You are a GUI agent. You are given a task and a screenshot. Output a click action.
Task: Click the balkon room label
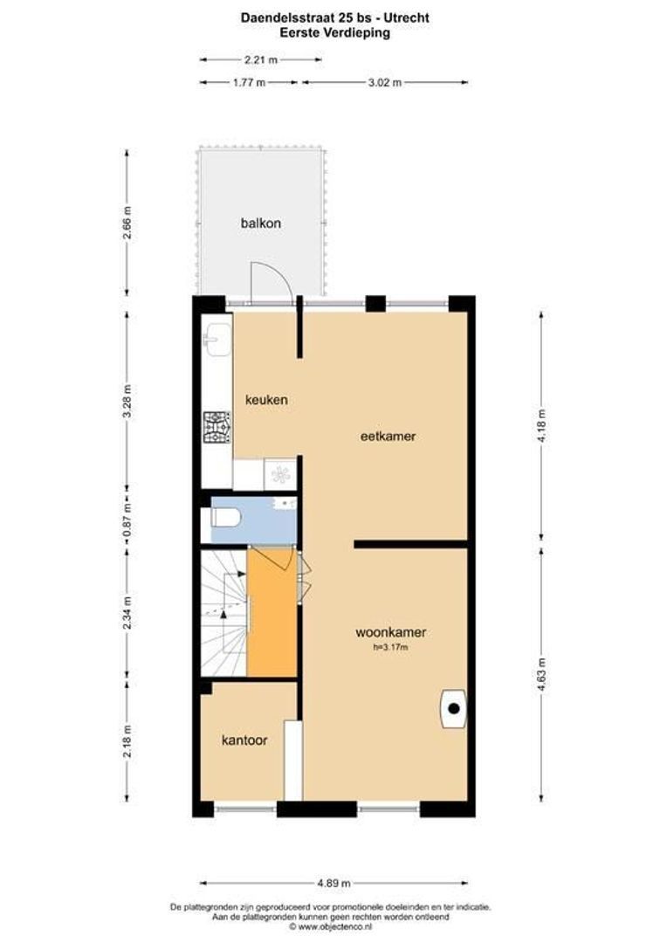point(261,223)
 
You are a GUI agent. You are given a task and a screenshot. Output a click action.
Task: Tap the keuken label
point(266,400)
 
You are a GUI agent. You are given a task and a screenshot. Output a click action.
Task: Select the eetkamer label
point(388,436)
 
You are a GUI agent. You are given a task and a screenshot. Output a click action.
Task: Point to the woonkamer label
point(390,632)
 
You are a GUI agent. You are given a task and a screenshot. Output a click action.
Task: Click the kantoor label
point(244,740)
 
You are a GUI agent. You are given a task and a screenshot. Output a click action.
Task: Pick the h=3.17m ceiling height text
point(390,647)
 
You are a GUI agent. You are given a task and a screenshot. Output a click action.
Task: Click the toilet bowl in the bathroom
point(226,519)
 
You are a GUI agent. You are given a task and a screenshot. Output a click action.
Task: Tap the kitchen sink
point(217,336)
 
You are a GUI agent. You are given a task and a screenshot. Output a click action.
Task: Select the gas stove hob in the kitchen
point(217,427)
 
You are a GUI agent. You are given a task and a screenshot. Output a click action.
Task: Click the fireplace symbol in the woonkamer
point(453,708)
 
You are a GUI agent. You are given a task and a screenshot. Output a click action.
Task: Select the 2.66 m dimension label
point(127,223)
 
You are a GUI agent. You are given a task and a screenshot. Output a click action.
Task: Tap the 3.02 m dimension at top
point(384,83)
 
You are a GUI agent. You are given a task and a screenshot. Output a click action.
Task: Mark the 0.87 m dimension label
point(127,519)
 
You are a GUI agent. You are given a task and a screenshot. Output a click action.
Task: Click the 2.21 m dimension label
point(260,60)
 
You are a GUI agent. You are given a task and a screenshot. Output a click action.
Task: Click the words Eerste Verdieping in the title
point(334,33)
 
